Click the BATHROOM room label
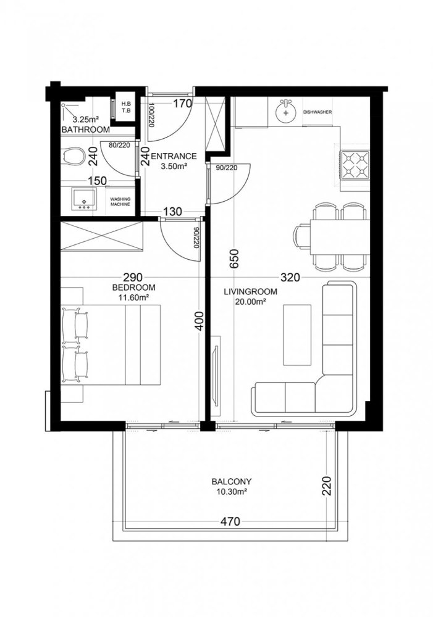click(85, 130)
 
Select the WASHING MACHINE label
click(120, 201)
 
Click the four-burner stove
click(355, 164)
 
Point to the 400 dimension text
click(199, 322)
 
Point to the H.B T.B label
click(126, 107)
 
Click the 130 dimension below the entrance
click(172, 212)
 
